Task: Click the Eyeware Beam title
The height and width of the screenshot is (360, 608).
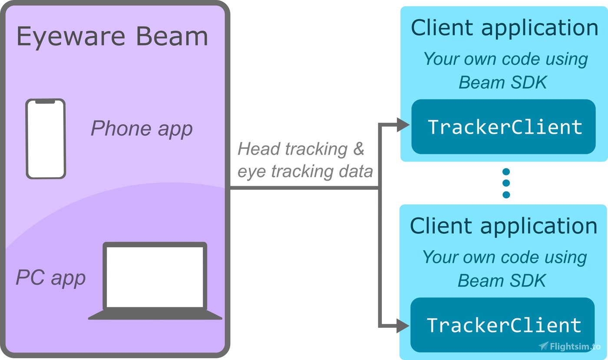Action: click(112, 36)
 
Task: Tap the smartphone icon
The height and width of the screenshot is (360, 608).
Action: click(46, 139)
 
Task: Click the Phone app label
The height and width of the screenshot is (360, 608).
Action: click(141, 128)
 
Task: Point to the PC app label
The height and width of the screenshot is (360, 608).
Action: click(51, 277)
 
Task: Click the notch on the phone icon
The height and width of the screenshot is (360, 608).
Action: click(45, 102)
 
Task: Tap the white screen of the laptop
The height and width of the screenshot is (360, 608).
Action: click(155, 277)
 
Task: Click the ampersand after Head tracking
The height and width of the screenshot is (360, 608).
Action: click(358, 149)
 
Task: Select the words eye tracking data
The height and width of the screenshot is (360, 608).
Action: click(305, 172)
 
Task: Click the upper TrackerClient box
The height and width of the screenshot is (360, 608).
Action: click(503, 127)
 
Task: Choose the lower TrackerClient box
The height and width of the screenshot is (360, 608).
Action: click(502, 325)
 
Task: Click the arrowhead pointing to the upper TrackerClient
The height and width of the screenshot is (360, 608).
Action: click(403, 125)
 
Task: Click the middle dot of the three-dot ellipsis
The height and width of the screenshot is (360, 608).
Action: click(506, 183)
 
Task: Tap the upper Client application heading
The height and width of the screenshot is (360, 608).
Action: click(504, 28)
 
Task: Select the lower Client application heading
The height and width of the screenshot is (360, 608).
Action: click(503, 226)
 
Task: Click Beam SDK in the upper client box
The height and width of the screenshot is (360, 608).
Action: click(503, 82)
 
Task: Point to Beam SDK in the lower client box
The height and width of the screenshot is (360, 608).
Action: click(502, 281)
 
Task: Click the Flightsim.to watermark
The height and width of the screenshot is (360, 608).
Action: click(570, 346)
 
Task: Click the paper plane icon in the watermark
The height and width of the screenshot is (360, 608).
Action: click(543, 346)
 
